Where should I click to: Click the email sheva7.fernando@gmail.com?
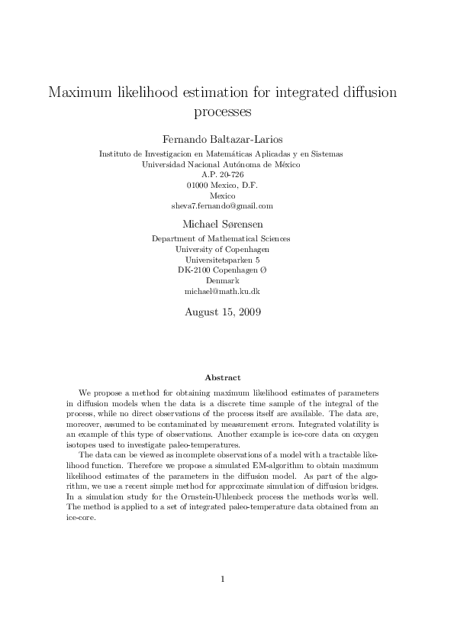click(221, 205)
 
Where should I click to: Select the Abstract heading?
click(223, 377)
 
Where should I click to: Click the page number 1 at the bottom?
click(222, 599)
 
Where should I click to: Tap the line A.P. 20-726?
click(221, 174)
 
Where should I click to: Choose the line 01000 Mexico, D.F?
click(221, 185)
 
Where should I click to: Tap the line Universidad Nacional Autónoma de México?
click(221, 164)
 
